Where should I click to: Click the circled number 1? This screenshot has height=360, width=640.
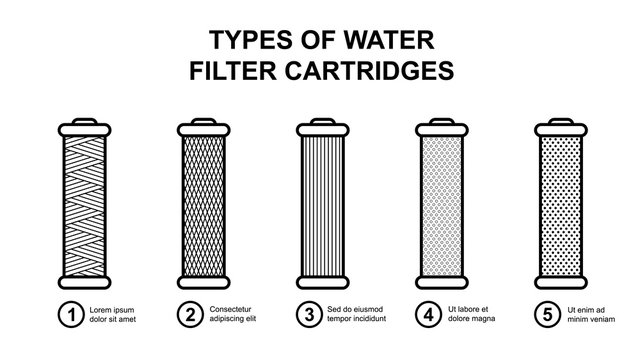(69, 317)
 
